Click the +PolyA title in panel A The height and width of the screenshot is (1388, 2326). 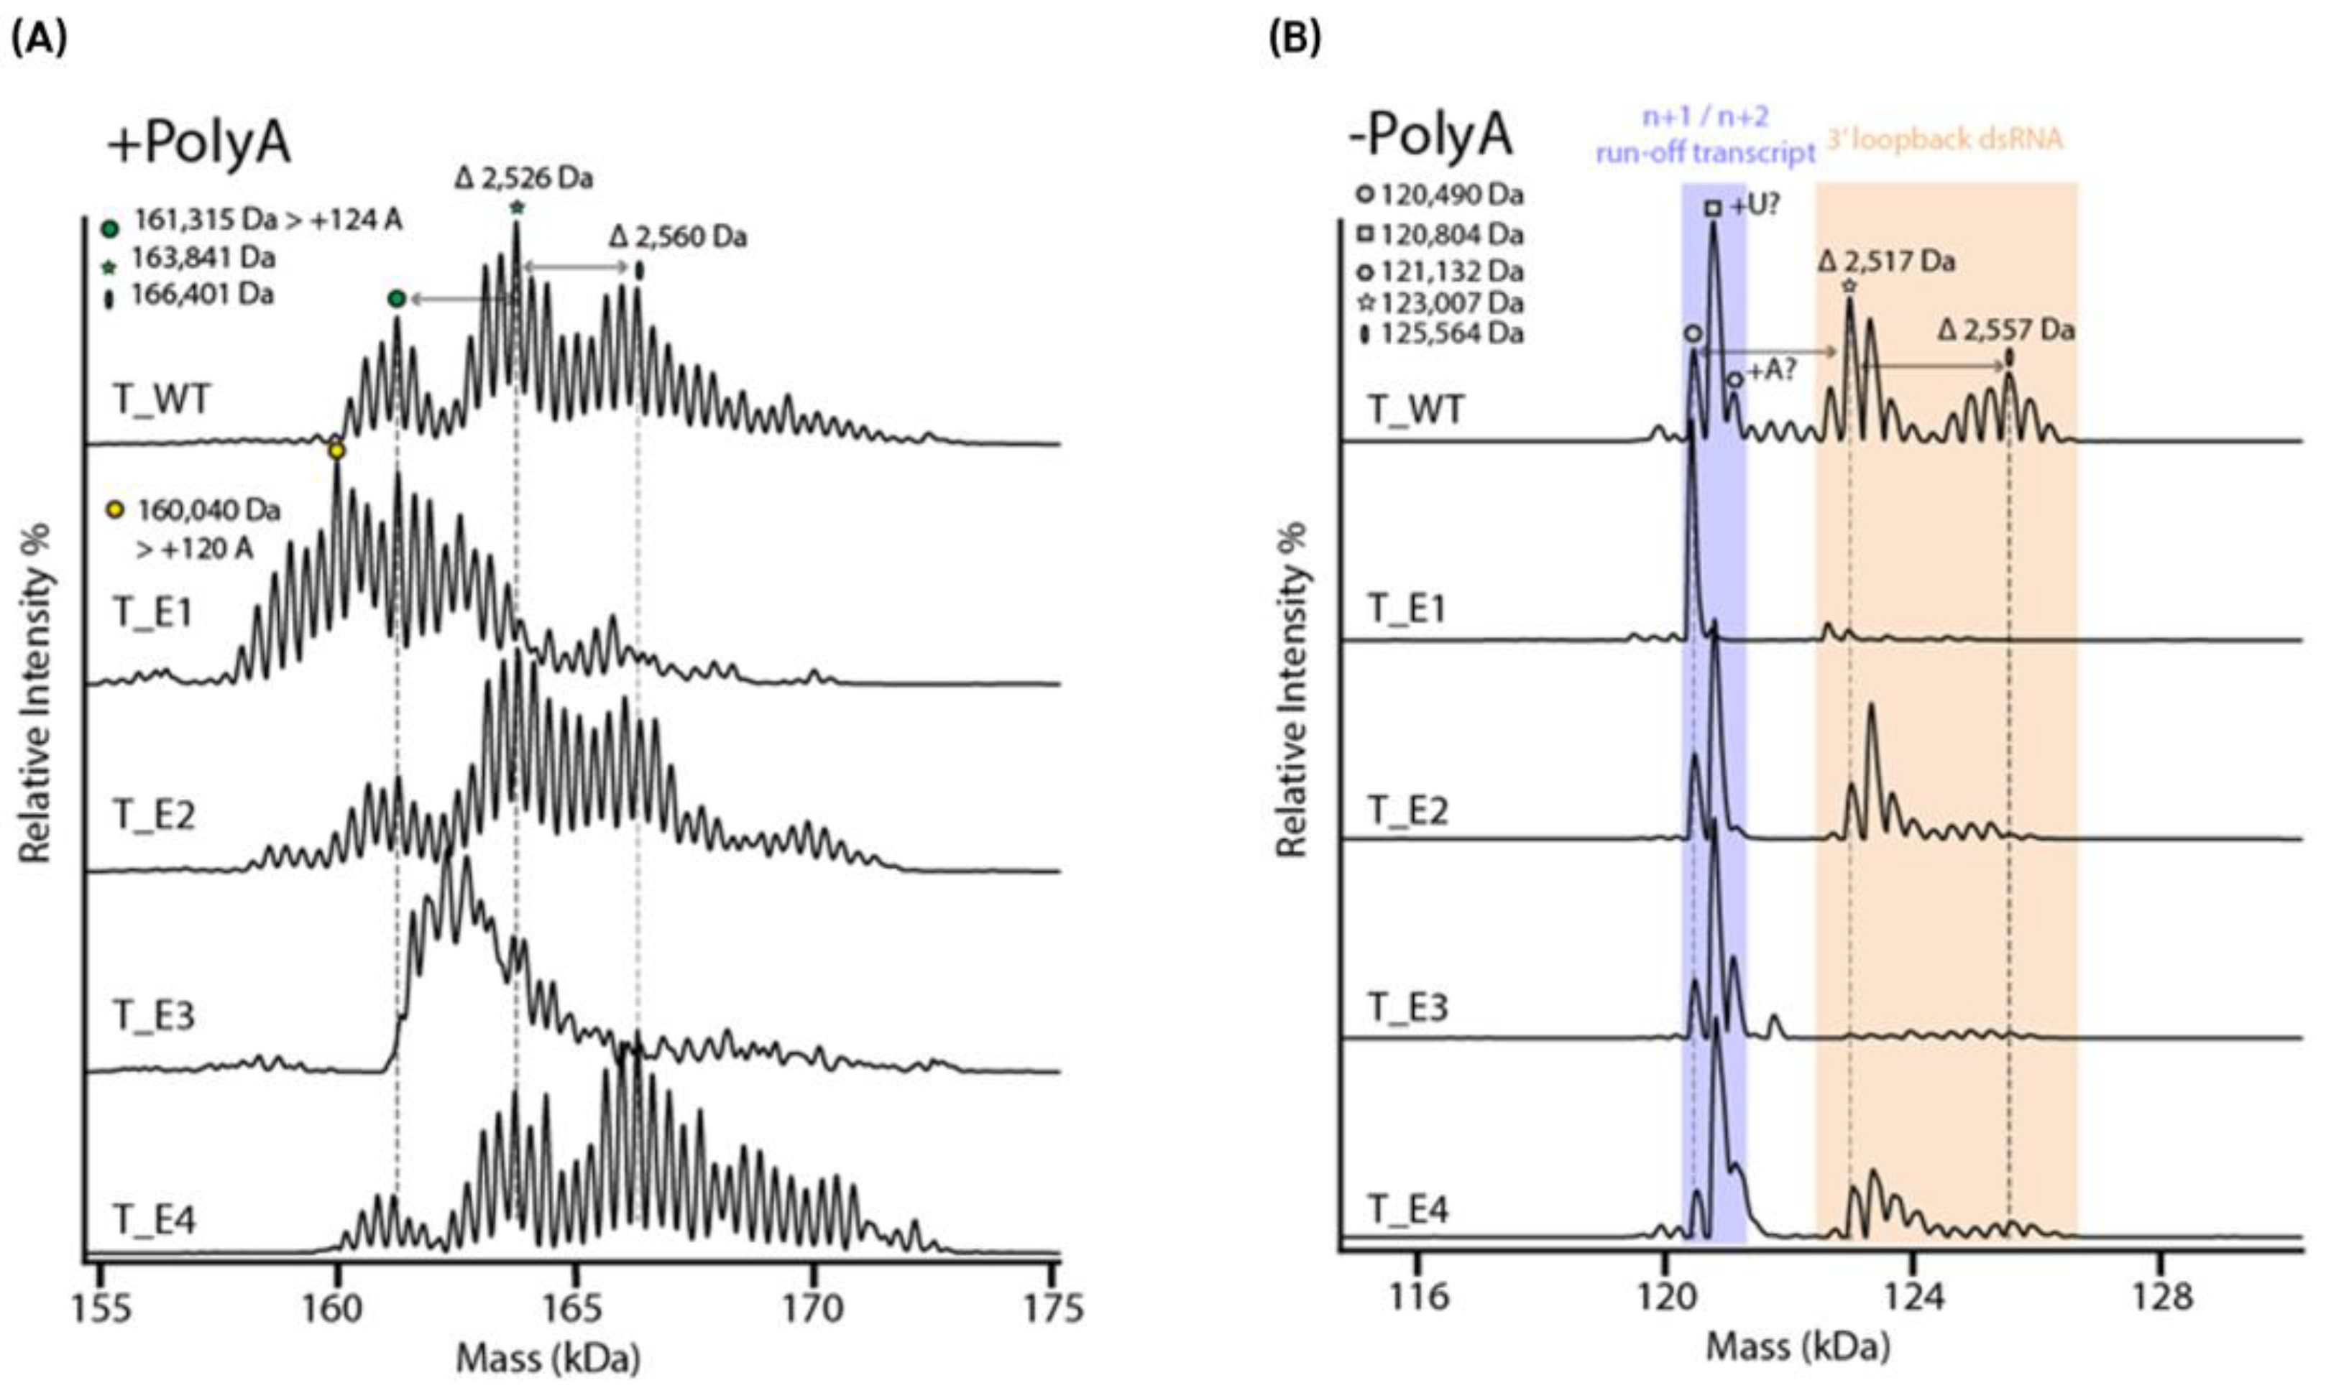[x=198, y=146]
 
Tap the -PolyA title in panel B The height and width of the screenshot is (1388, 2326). [x=1429, y=134]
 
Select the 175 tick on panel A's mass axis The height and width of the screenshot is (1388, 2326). [x=1054, y=1305]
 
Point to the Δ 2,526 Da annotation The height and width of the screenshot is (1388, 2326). [x=523, y=177]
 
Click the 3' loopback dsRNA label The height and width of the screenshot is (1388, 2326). [x=1944, y=139]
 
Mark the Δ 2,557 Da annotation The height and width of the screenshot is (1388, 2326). [x=2006, y=330]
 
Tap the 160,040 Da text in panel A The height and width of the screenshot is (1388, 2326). [x=208, y=511]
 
